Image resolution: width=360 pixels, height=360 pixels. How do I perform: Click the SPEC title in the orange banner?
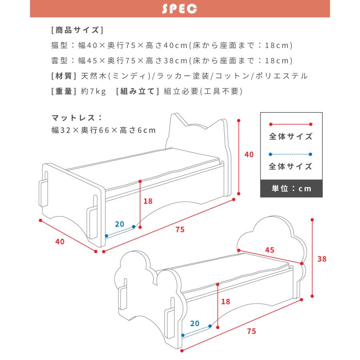179,9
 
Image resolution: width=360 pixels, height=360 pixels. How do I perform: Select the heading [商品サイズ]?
77,30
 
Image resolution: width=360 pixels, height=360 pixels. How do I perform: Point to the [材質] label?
64,76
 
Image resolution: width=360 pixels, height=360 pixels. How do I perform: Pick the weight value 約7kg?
93,91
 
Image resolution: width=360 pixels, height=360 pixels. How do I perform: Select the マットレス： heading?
77,118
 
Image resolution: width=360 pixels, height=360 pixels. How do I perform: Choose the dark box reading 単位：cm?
291,188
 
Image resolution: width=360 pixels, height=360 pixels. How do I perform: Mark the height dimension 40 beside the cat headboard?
249,155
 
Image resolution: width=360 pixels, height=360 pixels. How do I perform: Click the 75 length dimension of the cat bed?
180,230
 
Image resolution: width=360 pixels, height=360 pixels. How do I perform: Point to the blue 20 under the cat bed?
120,224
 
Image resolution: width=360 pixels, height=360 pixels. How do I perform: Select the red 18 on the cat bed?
148,201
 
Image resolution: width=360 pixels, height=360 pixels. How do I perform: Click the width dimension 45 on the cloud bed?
270,250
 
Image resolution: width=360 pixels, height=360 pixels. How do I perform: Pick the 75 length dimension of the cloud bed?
251,331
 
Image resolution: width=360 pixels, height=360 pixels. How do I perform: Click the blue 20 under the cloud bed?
195,323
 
